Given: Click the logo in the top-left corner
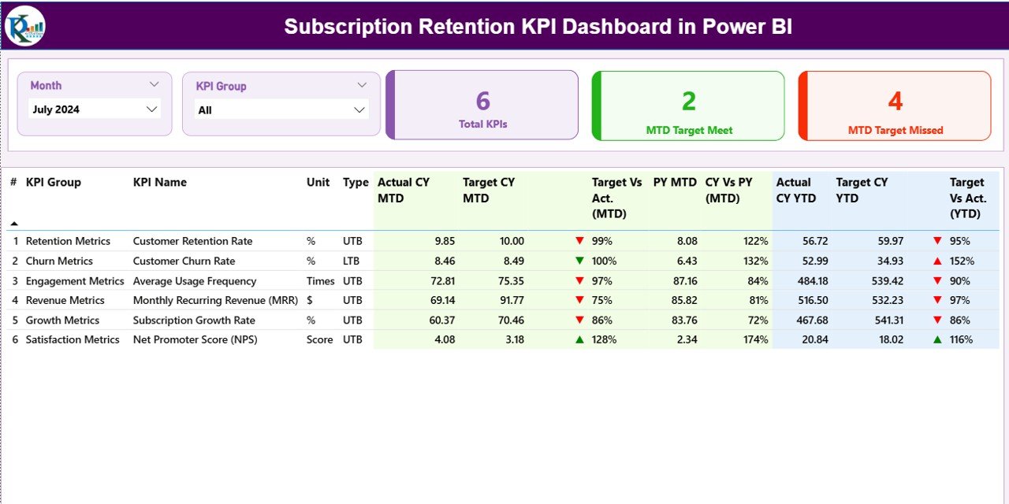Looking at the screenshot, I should [24, 26].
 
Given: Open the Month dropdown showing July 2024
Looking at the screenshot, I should [95, 109].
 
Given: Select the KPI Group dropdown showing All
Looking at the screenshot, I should [281, 110].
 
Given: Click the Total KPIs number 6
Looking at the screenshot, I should [483, 101].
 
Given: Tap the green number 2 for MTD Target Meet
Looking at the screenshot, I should [689, 101].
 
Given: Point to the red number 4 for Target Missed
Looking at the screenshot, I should [895, 101].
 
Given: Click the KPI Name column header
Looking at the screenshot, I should [160, 182].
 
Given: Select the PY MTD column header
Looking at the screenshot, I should [675, 182].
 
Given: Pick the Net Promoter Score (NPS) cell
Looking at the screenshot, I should [195, 339].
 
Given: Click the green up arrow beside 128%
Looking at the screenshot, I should [579, 339].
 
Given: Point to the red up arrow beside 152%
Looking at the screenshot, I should [937, 261].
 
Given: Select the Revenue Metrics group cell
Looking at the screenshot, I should [65, 300].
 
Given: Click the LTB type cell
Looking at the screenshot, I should [352, 261].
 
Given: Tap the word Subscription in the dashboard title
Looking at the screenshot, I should [346, 27].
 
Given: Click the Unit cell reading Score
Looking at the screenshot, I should [319, 339].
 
